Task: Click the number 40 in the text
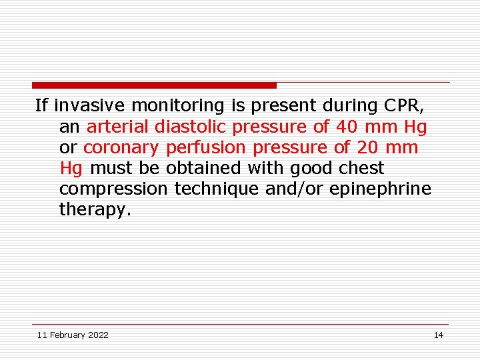coord(346,126)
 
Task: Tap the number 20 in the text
coord(365,147)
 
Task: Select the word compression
coord(113,189)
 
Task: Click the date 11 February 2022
coord(73,335)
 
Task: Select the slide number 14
coord(438,335)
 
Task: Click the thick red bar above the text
coord(154,85)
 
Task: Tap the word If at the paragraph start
coord(42,105)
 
